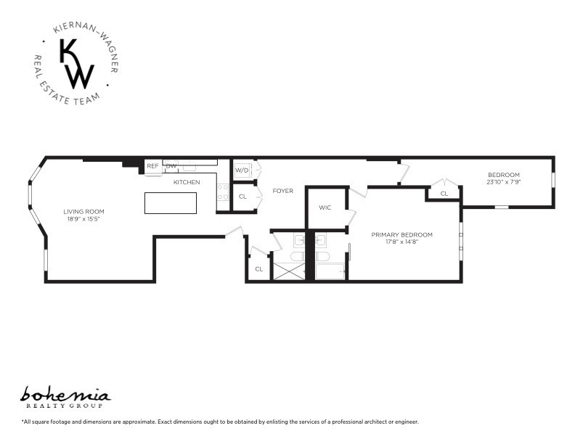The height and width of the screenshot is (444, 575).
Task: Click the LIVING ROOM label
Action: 84,212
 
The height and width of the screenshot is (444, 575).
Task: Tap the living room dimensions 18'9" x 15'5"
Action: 84,218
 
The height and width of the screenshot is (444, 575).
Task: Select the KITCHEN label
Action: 187,182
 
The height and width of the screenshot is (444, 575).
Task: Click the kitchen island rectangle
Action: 172,203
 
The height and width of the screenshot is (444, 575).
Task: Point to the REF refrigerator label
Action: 152,166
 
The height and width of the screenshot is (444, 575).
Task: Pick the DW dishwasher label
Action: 171,166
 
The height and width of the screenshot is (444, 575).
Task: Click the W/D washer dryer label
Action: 241,170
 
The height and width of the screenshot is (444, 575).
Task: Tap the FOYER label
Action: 282,191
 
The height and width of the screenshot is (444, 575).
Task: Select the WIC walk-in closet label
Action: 325,208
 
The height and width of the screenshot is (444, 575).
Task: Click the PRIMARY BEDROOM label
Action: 401,234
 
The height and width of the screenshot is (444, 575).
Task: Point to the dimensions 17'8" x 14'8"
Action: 401,242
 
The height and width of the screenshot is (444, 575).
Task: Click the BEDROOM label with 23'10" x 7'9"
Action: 503,175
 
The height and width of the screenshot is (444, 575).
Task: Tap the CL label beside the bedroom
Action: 444,194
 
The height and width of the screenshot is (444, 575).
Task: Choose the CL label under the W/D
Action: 242,197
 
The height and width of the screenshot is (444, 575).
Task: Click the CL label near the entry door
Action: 258,269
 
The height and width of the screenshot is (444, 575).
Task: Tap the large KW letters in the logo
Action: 76,64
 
